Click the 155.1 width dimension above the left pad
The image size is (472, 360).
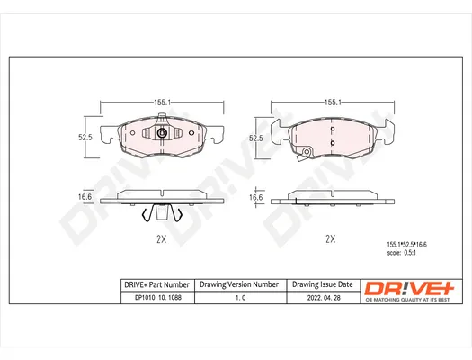(162, 103)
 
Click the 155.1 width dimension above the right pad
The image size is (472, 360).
(333, 103)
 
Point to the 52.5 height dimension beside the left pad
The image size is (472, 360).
(85, 138)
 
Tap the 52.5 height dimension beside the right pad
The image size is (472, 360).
(256, 139)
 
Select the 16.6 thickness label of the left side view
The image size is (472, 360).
(85, 197)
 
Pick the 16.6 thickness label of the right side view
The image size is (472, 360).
(256, 198)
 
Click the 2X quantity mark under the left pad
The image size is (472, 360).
(161, 239)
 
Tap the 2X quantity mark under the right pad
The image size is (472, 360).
(331, 238)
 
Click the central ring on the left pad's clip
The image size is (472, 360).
(162, 133)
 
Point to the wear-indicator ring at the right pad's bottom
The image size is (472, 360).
(307, 152)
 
